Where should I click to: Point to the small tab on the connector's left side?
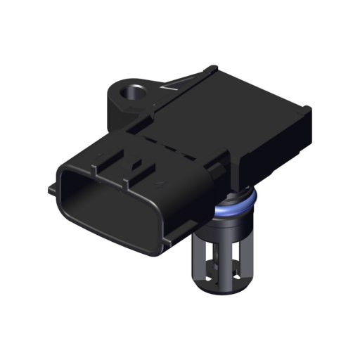51,189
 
